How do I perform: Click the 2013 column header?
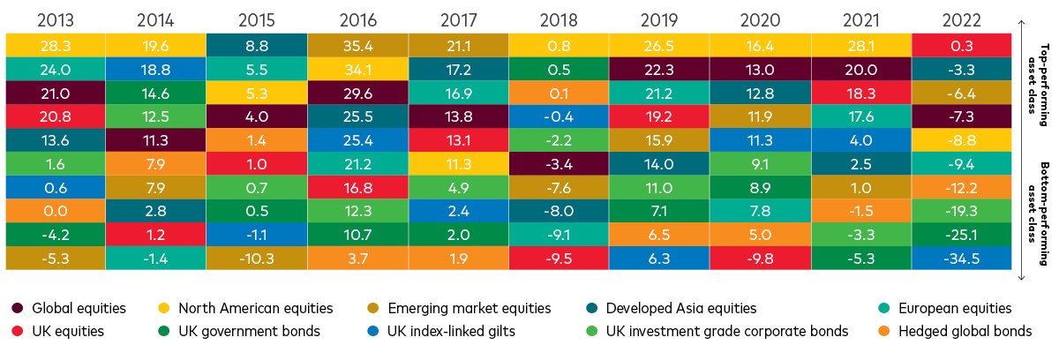coord(55,17)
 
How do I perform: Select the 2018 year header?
coord(559,17)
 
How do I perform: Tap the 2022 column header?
coord(962,17)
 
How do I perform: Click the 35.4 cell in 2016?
coord(357,45)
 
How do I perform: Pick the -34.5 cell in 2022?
coord(962,259)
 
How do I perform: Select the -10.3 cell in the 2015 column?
coord(256,259)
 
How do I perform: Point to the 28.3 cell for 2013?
coord(55,45)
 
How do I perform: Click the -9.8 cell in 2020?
coord(760,259)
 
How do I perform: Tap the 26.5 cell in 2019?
coord(659,45)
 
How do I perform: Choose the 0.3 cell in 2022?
coord(962,45)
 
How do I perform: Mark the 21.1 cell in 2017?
coord(458,45)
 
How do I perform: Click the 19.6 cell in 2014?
coord(155,45)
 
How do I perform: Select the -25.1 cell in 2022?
coord(962,235)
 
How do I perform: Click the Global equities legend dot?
coord(17,308)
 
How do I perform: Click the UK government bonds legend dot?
coord(164,331)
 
